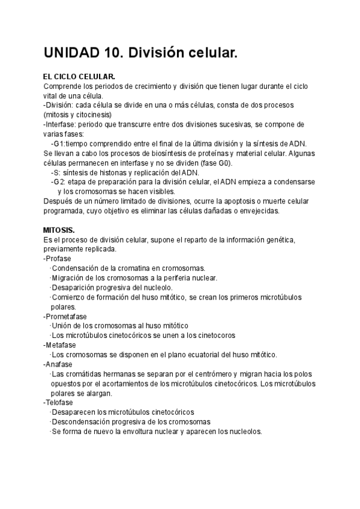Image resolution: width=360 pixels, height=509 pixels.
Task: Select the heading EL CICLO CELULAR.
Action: [79, 77]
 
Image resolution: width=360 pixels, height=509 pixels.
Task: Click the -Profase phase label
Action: [57, 259]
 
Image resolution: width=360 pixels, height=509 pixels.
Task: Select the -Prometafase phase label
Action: [65, 316]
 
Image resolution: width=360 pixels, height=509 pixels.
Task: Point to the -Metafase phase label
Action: [60, 345]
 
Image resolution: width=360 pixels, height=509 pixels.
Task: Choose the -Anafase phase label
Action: [58, 364]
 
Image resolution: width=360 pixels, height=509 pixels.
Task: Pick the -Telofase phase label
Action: [59, 403]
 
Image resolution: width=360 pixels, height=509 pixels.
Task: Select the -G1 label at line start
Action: [57, 144]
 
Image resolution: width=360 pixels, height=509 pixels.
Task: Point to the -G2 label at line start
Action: [57, 182]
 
